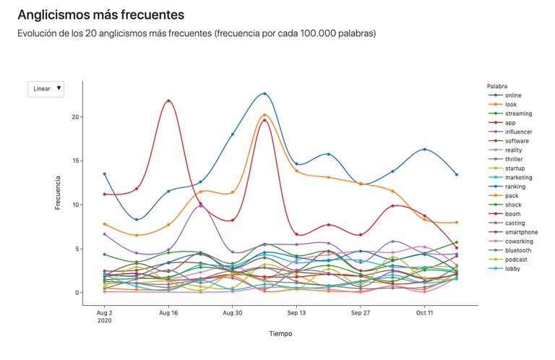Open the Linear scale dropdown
coord(46,88)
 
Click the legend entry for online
coord(515,95)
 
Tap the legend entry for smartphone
coord(522,232)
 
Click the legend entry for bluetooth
coord(519,250)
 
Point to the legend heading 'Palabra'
coord(498,85)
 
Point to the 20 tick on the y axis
coord(75,117)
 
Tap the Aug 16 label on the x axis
coord(168,314)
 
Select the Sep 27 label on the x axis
coord(361,314)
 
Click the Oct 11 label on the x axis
coord(425,314)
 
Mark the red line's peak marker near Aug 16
coord(168,100)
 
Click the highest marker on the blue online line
coord(264,93)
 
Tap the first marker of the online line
coord(105,173)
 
